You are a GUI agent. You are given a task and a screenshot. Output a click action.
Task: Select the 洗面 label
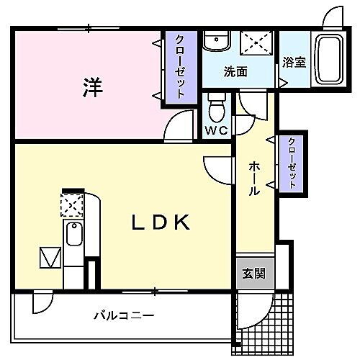point(235,71)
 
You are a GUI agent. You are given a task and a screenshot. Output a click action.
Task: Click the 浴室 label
point(294,62)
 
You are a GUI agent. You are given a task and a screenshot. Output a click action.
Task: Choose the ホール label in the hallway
point(254,179)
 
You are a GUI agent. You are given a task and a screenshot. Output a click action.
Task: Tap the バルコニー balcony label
point(123,315)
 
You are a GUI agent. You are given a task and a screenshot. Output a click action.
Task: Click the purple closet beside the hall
point(293,163)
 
